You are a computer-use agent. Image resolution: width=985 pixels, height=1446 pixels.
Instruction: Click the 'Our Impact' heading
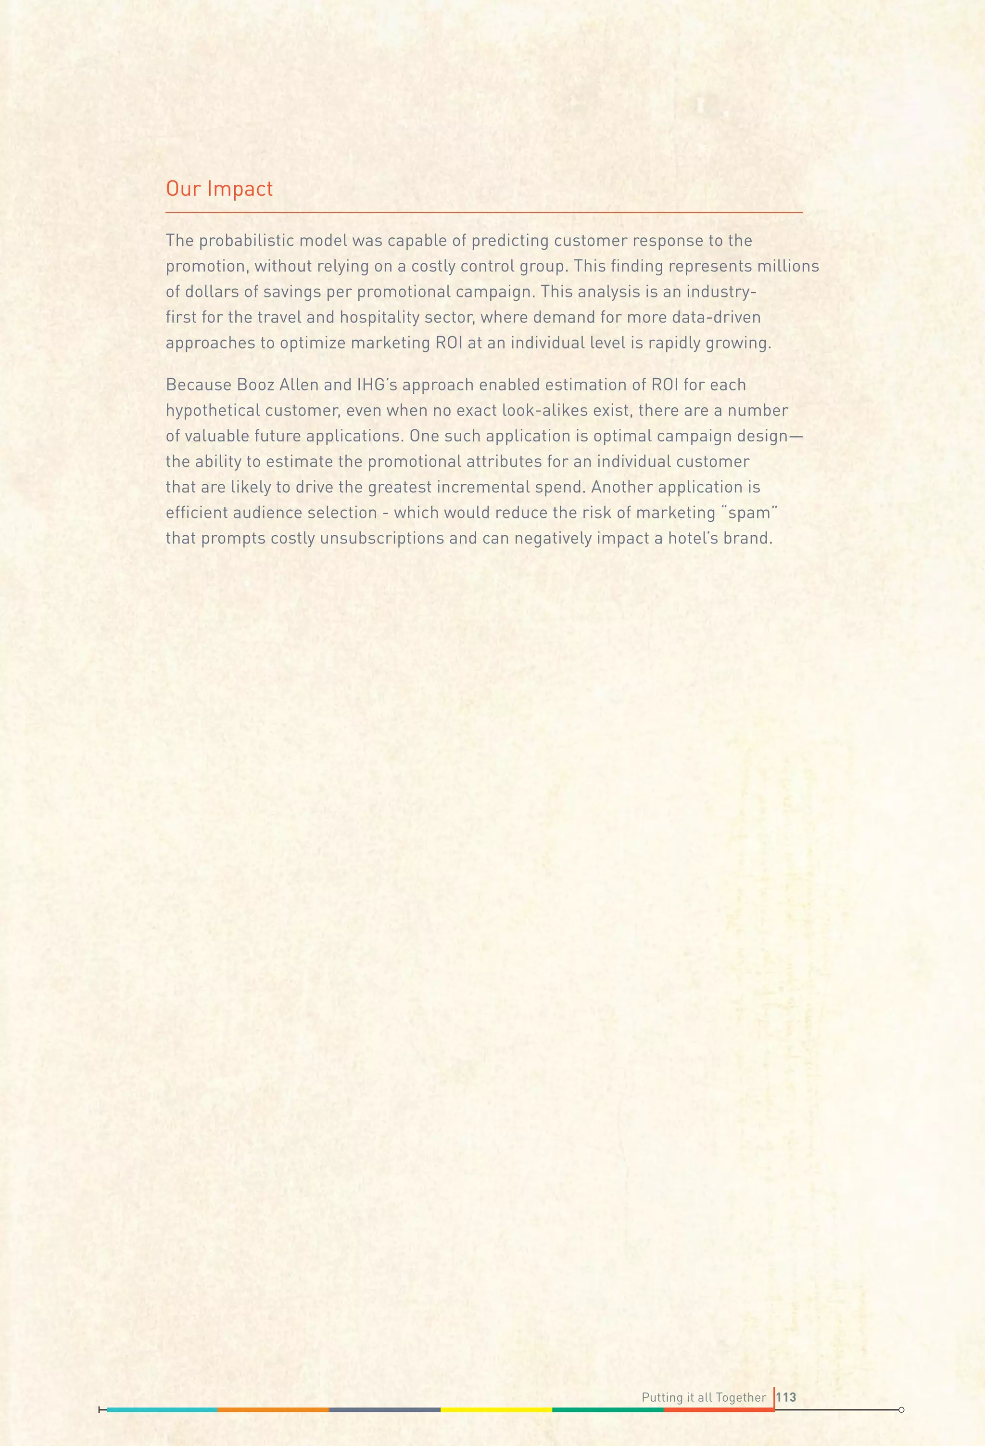(x=219, y=189)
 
